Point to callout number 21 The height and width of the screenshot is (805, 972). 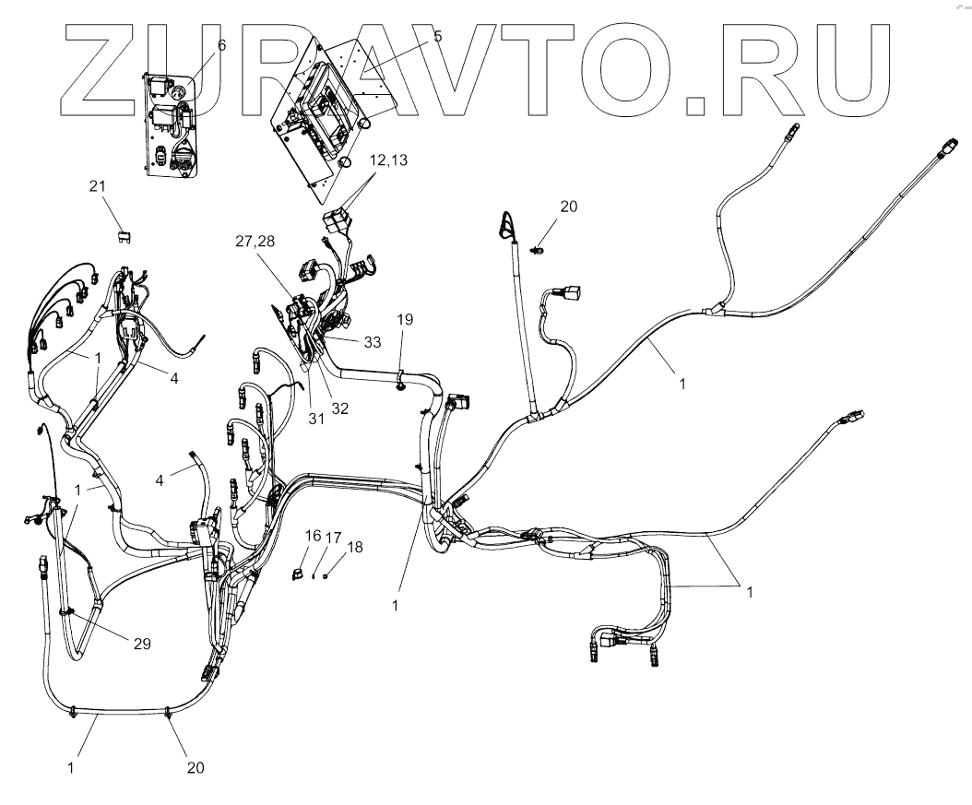click(x=99, y=187)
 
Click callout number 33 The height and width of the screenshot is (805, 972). click(x=372, y=342)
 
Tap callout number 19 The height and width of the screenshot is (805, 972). click(x=405, y=319)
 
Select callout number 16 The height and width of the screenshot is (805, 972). click(x=313, y=535)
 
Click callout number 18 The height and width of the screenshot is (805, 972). click(x=355, y=547)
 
